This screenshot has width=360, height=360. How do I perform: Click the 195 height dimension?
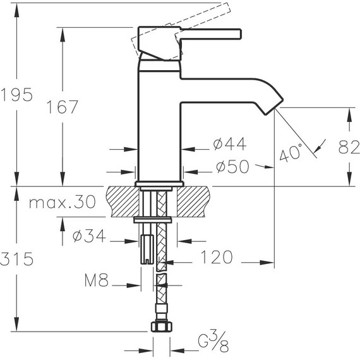point(16,95)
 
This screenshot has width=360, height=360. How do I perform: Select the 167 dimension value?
point(63,107)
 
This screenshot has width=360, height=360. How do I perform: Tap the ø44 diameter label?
point(230,144)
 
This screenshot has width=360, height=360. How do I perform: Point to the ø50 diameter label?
point(232,166)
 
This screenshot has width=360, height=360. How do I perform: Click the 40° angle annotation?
point(291,152)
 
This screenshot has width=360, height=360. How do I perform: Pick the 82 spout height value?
point(349,147)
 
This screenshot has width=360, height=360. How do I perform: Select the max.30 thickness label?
point(63,202)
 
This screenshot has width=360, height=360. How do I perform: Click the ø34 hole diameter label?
point(89,236)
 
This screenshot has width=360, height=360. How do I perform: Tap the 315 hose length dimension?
point(17,259)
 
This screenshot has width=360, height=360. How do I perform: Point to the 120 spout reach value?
point(217,257)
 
